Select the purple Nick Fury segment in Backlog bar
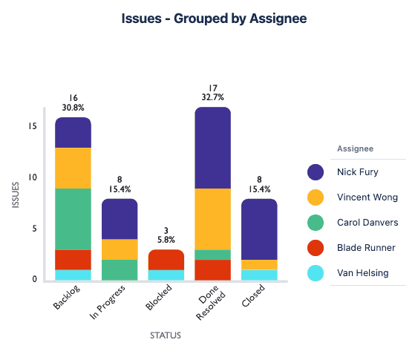[73, 133]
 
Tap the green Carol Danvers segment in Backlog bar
[73, 219]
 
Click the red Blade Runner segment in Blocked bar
[166, 260]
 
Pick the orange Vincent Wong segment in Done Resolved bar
[213, 219]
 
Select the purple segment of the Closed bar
[260, 229]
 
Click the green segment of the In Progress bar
[120, 270]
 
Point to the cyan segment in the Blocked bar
[166, 275]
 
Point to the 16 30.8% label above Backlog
[73, 103]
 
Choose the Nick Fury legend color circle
[316, 172]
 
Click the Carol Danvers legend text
[366, 223]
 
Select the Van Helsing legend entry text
[362, 273]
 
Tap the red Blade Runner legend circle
[316, 248]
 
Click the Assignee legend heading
[355, 148]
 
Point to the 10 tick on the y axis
[32, 177]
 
